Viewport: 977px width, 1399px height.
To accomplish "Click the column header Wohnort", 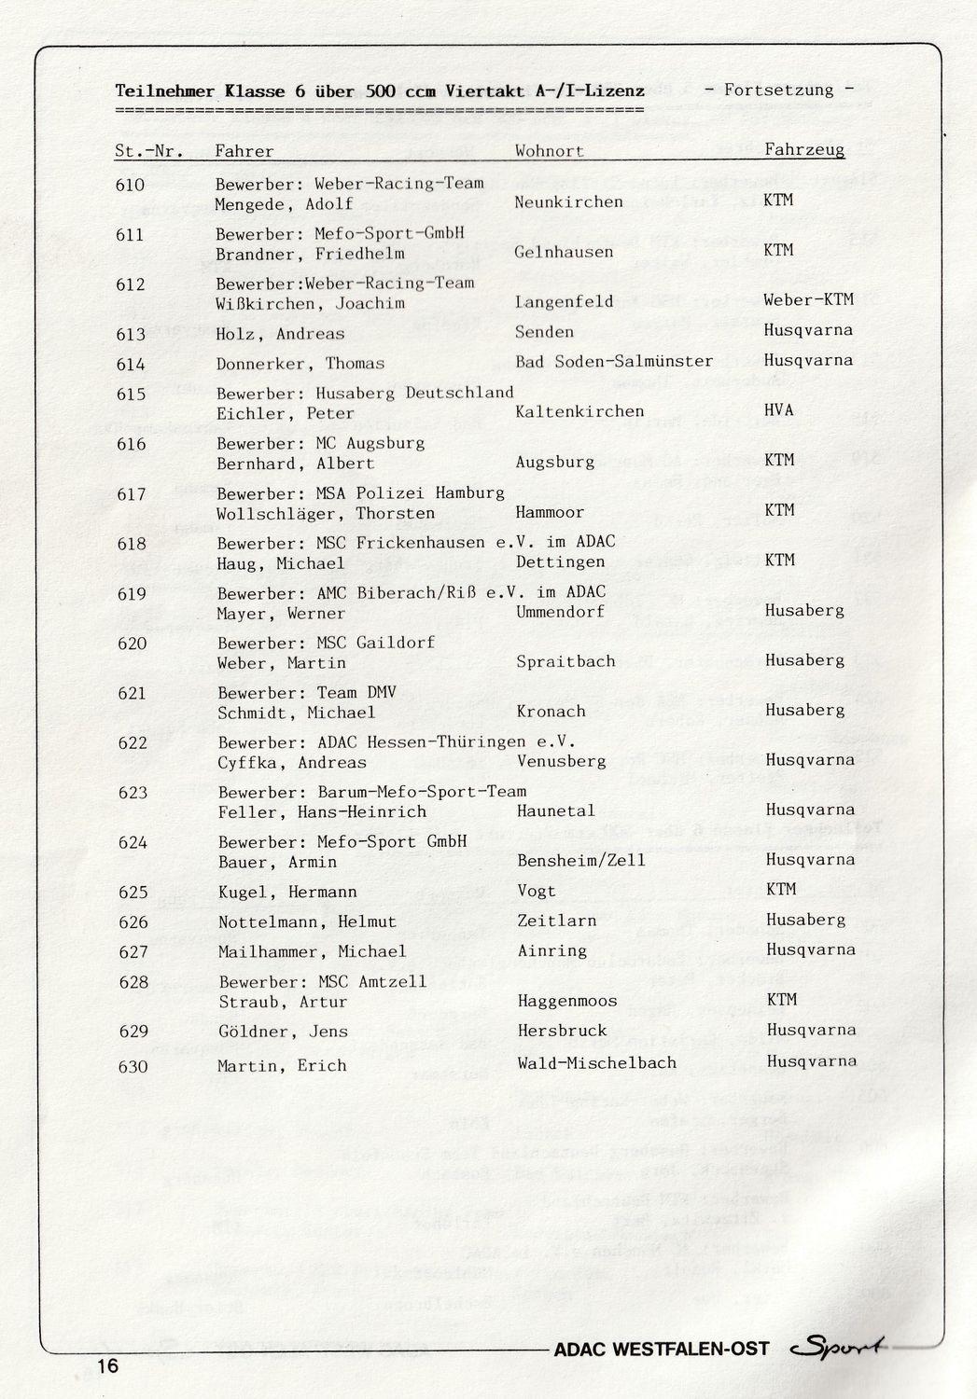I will point(549,151).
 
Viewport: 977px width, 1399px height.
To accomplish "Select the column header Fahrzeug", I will point(804,149).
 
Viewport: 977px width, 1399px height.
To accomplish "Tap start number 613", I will point(131,334).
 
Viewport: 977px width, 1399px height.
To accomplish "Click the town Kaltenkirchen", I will point(579,411).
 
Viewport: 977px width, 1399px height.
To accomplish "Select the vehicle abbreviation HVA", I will point(781,410).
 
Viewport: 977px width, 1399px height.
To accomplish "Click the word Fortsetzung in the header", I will point(778,90).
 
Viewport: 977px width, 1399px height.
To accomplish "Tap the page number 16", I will point(106,1366).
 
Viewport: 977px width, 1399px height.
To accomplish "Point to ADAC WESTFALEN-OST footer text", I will point(662,1349).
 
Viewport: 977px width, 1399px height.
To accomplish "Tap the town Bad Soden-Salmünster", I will point(614,361).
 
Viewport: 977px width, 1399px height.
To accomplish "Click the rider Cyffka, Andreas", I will point(292,762).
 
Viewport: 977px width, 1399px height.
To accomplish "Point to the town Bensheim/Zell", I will point(580,860).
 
